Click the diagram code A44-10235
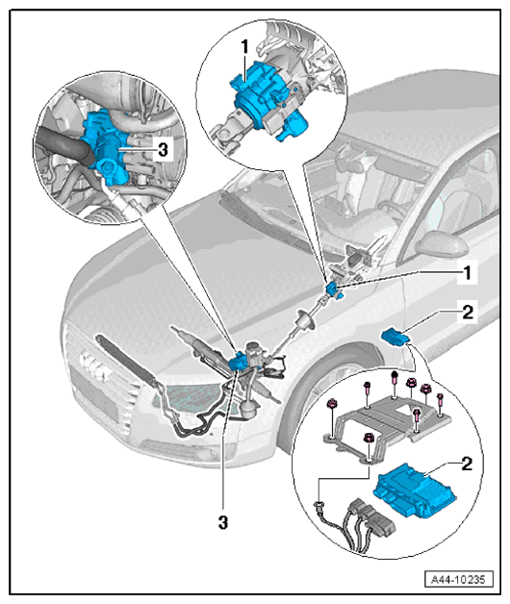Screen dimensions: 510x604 458,579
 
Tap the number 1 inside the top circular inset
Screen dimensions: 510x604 244,47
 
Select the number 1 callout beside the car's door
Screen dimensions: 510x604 468,273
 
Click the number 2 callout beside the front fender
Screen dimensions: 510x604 468,312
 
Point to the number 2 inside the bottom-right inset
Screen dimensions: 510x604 467,464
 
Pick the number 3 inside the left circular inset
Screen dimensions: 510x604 163,149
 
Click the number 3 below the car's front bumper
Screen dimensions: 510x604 223,522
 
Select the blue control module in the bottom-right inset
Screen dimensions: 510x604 414,491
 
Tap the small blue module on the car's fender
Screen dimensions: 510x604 395,337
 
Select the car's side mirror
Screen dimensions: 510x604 441,244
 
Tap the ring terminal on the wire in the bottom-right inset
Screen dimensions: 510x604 319,504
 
